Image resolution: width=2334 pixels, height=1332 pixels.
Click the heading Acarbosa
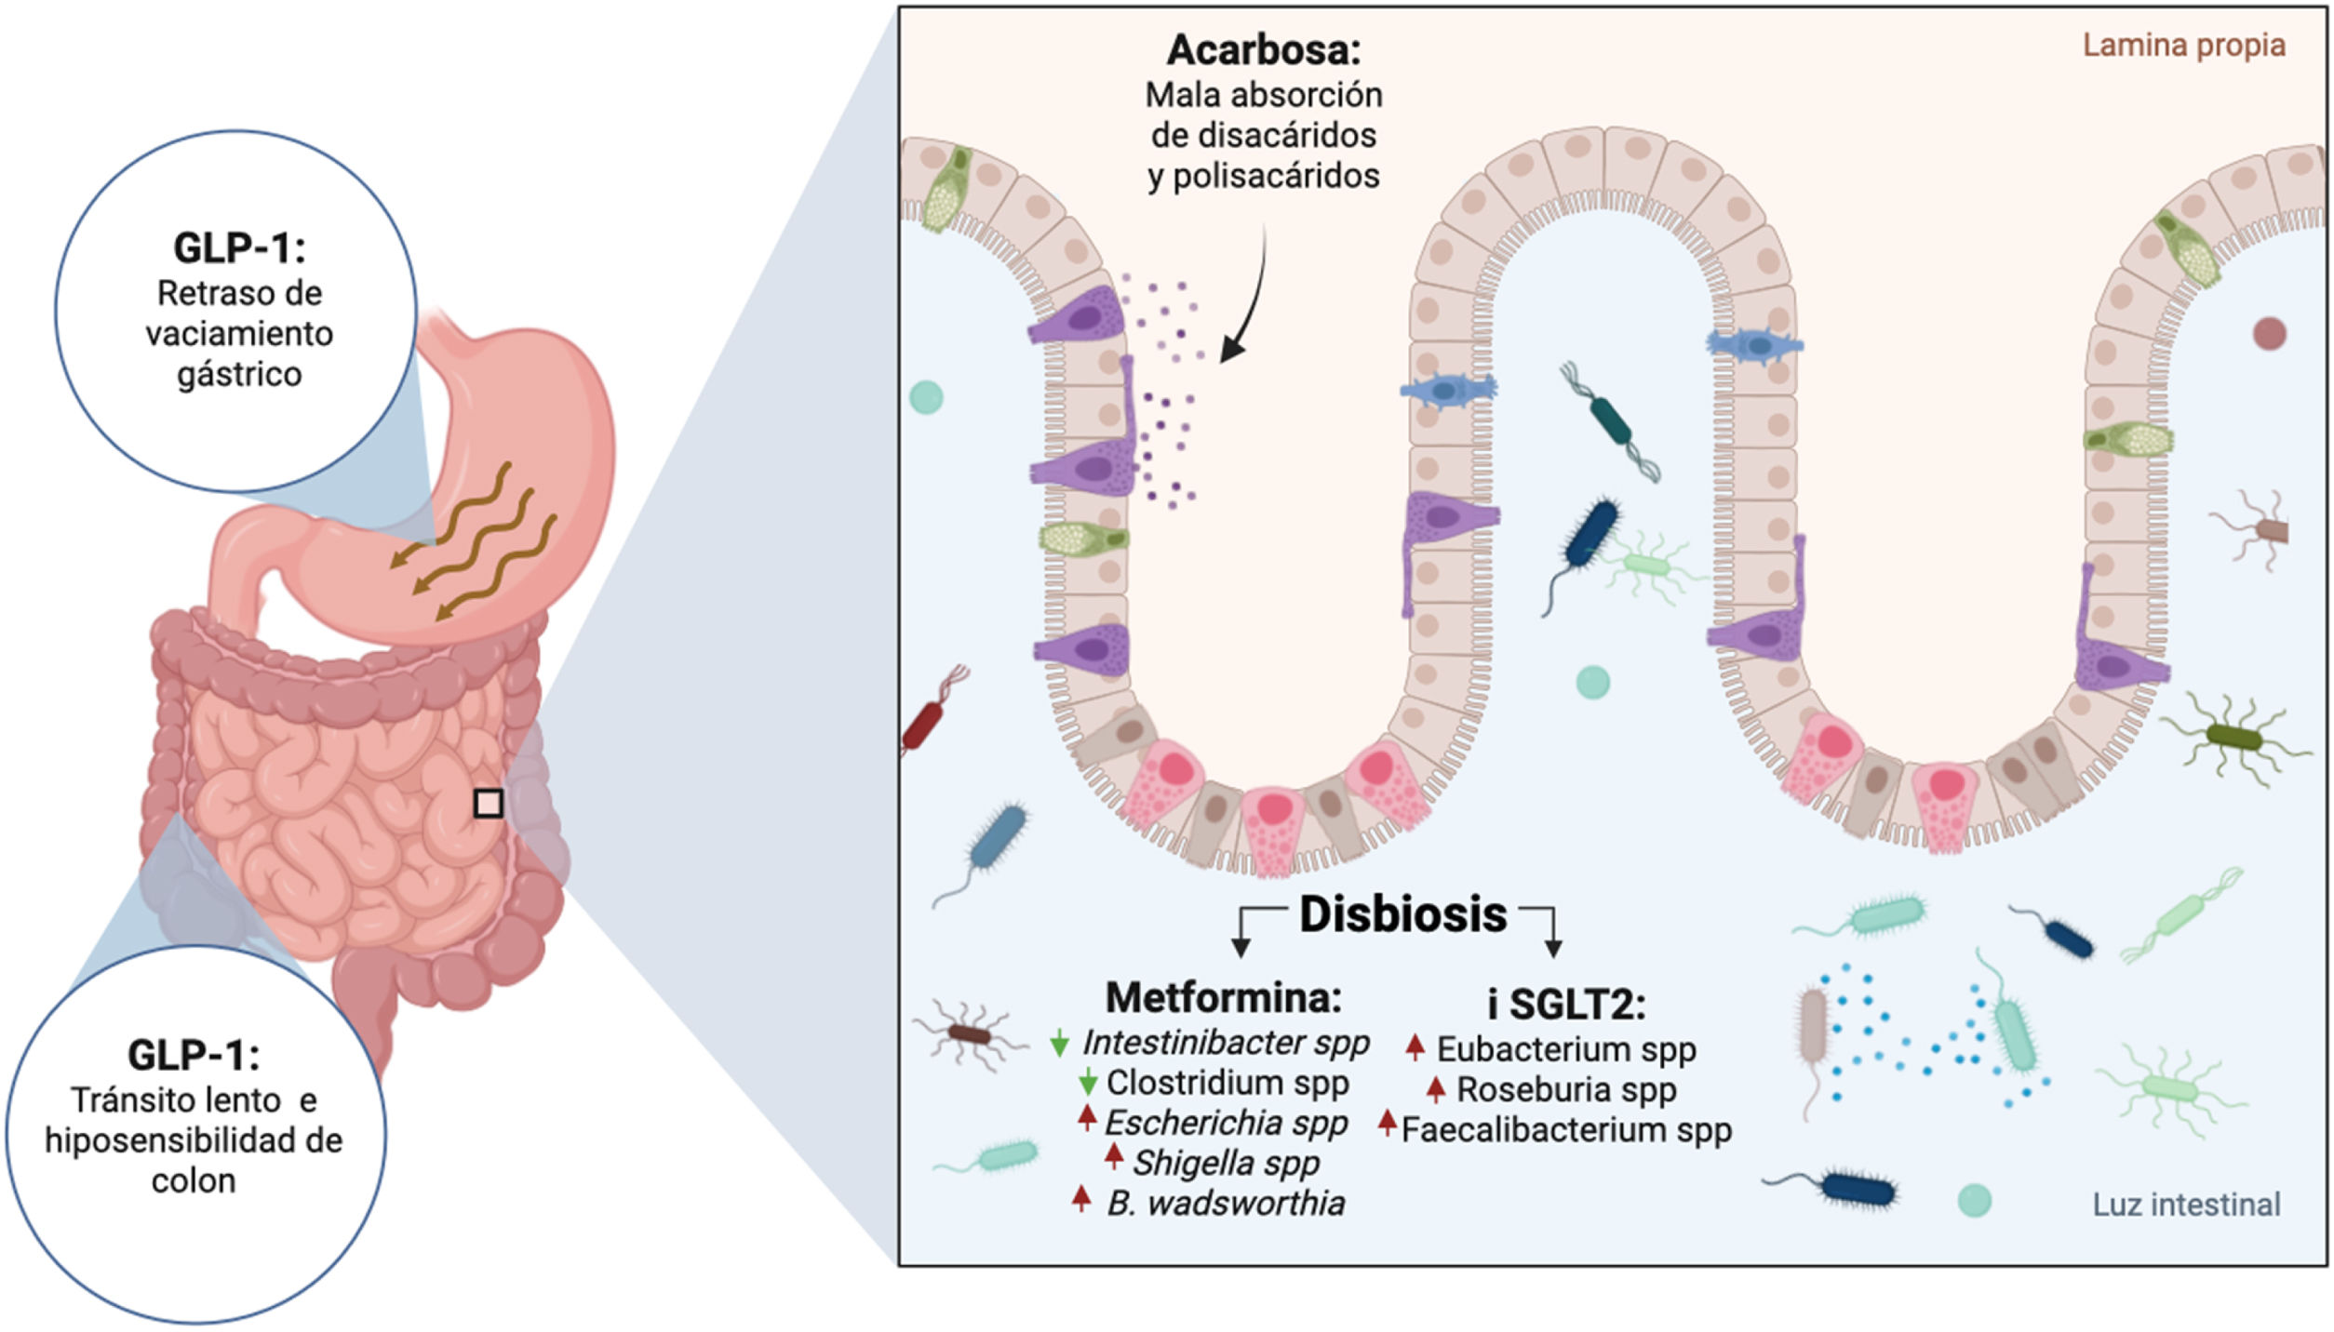(1263, 50)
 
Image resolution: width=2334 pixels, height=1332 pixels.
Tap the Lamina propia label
(2183, 45)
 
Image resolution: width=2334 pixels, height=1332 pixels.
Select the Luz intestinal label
(2186, 1205)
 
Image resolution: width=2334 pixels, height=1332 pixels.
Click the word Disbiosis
(1402, 914)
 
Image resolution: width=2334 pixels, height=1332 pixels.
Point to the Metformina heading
(1223, 997)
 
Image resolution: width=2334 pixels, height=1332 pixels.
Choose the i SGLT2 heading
(1566, 1005)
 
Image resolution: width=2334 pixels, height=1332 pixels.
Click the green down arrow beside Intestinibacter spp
(1058, 1043)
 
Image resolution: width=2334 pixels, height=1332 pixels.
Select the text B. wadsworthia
(1226, 1204)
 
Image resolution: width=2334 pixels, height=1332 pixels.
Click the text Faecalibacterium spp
(1566, 1130)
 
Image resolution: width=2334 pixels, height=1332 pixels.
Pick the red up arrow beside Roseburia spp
(1435, 1087)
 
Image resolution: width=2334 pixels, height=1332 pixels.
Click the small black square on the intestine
(489, 804)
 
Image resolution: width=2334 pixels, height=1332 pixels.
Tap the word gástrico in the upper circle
(240, 375)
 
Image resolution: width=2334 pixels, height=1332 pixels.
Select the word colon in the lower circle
(194, 1181)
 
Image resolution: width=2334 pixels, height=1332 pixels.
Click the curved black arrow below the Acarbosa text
(1252, 298)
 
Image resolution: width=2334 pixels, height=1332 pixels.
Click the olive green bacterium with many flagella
(2234, 739)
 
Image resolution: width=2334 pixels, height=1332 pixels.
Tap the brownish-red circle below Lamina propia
(2269, 333)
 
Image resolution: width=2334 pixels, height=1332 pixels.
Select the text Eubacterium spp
(1565, 1049)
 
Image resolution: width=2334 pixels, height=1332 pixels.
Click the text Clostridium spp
(1227, 1083)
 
